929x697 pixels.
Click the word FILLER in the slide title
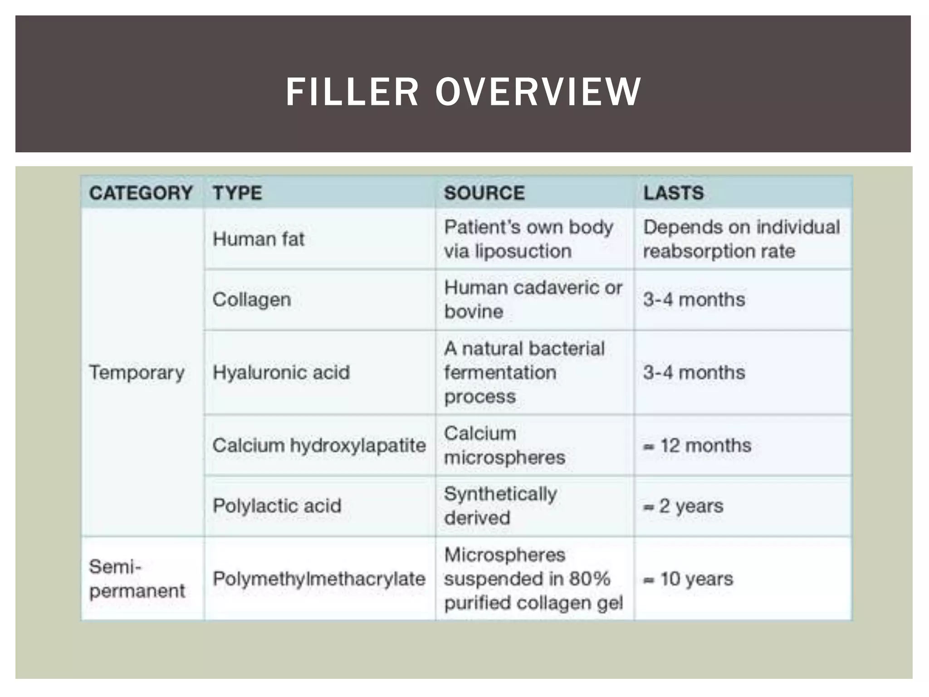coord(352,92)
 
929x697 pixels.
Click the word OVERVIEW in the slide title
coord(538,92)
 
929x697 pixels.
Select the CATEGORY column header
coord(141,193)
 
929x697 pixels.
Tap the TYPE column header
coord(238,193)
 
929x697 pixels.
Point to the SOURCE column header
coord(484,193)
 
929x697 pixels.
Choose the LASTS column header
coord(674,193)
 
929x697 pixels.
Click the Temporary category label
coord(137,373)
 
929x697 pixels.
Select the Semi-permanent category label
coord(137,579)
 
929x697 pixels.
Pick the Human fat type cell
coord(259,239)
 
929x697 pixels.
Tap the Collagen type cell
coord(252,300)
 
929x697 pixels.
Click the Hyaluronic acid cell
coord(281,373)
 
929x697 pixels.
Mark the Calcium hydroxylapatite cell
coord(319,446)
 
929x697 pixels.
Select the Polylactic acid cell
coord(277,506)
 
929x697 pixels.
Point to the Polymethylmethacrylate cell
coord(319,579)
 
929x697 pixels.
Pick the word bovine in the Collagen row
coord(474,312)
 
